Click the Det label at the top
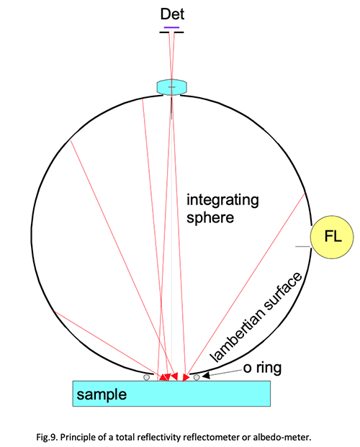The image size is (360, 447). click(172, 14)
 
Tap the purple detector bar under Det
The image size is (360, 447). click(172, 27)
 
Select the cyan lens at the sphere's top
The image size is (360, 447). click(172, 87)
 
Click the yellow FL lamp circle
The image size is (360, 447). click(332, 237)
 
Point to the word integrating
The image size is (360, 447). click(222, 200)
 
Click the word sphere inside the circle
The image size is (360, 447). click(210, 218)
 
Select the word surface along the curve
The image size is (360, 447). click(283, 291)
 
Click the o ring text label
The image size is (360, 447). click(263, 368)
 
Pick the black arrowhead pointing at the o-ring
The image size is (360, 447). click(206, 376)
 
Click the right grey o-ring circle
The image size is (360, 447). click(197, 377)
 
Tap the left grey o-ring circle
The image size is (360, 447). click(147, 377)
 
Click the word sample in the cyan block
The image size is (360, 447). click(102, 394)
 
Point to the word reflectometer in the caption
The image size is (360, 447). click(212, 437)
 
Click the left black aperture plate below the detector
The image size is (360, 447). click(165, 32)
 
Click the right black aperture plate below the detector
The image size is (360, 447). click(179, 32)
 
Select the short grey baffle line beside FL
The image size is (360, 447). click(302, 246)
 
